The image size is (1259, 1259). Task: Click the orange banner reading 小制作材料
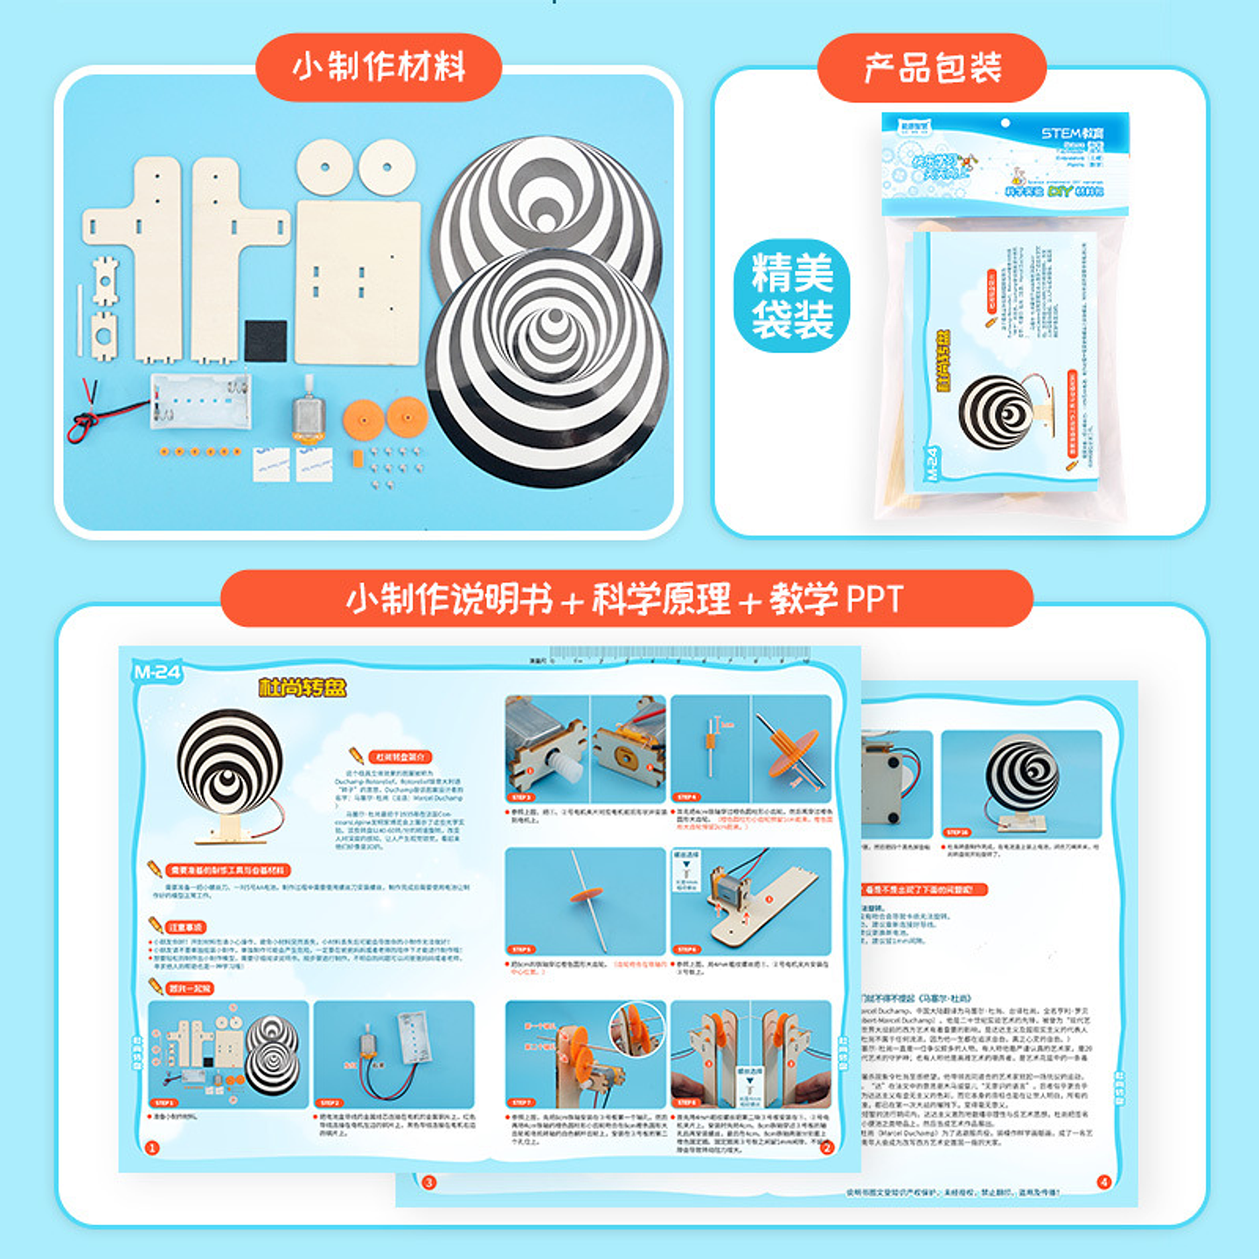(x=379, y=67)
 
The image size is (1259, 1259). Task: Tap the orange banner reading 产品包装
(x=932, y=67)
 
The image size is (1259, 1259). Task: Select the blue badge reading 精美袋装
(x=792, y=296)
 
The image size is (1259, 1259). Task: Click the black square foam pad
(x=265, y=340)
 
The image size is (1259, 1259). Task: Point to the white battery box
(x=200, y=400)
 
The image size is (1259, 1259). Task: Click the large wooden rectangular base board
(x=358, y=282)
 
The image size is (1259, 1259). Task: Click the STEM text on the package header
(x=1061, y=133)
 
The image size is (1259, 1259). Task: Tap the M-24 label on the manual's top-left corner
(x=157, y=671)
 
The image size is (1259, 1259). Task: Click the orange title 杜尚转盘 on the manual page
(x=302, y=687)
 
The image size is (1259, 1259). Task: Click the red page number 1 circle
(x=152, y=1148)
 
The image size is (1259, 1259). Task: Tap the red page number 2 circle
(x=827, y=1148)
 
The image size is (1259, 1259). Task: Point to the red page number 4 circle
(x=1103, y=1182)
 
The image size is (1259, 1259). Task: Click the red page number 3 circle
(x=428, y=1183)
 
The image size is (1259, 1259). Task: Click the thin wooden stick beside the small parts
(x=80, y=316)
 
